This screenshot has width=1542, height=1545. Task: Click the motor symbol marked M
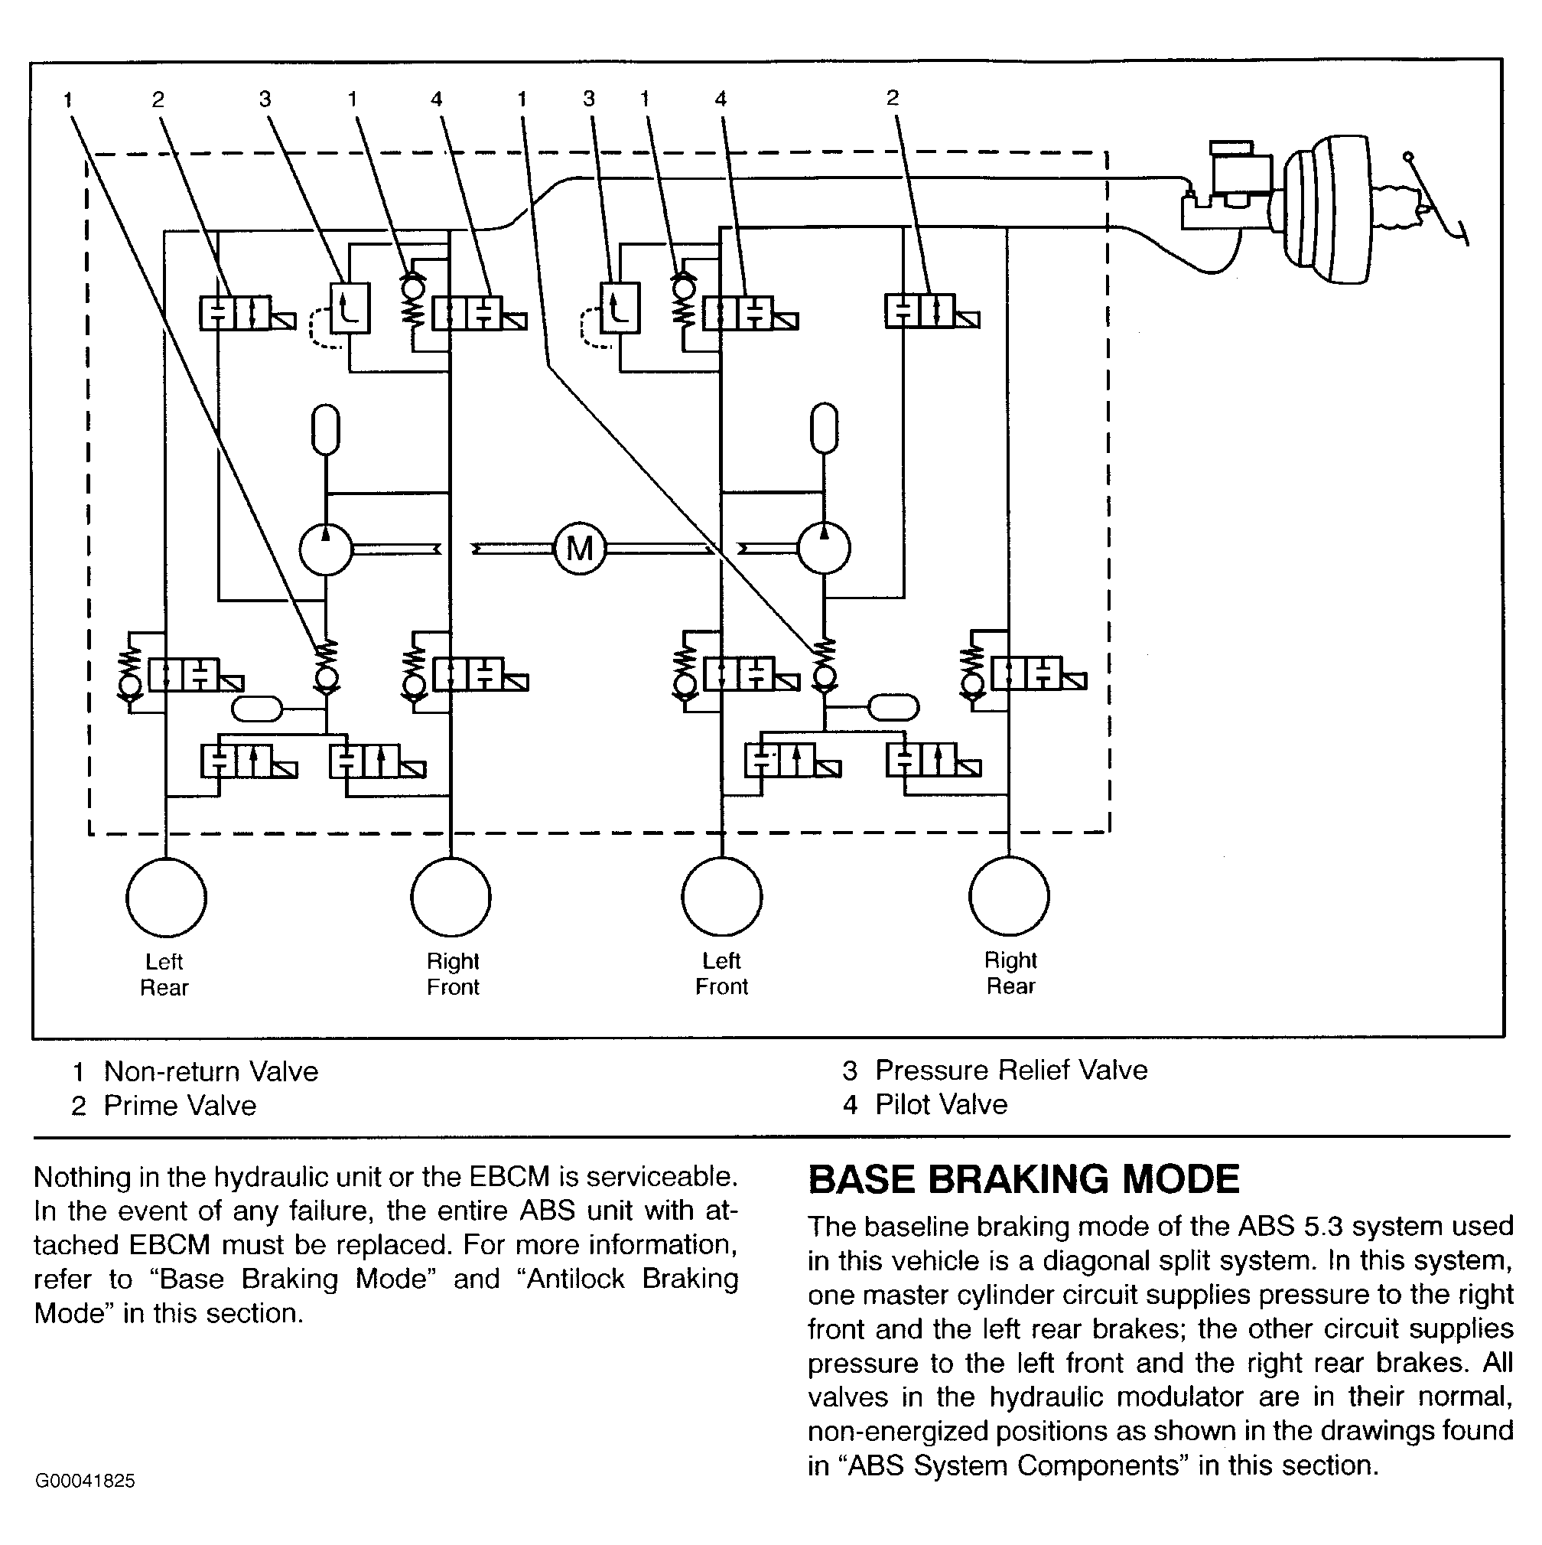pos(580,549)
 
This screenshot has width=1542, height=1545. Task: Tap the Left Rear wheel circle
pos(166,898)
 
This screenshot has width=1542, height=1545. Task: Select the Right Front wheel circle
pos(451,898)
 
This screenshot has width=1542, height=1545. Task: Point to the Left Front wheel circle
pos(722,896)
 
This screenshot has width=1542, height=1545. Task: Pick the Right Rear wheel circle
pos(1009,895)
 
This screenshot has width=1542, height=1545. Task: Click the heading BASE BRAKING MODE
pos(1023,1179)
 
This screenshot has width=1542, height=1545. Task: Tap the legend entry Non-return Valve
pos(211,1071)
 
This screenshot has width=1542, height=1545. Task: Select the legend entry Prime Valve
pos(180,1106)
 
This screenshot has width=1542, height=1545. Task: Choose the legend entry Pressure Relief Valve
pos(1011,1070)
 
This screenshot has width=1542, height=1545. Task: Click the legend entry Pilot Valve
pos(941,1104)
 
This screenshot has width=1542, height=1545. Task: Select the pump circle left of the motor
pos(325,549)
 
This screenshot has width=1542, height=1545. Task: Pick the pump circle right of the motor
pos(824,549)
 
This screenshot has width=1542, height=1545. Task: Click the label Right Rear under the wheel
pos(1010,973)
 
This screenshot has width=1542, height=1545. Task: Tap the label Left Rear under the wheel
pos(164,974)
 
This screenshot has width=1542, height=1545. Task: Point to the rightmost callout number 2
pos(893,97)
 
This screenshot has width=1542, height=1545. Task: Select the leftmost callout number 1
pos(68,100)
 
